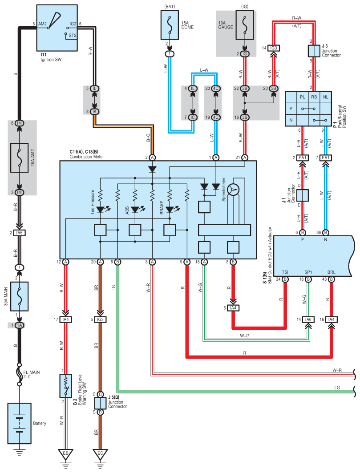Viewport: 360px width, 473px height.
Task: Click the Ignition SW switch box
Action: coord(57,28)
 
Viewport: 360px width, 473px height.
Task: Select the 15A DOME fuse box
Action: coord(170,25)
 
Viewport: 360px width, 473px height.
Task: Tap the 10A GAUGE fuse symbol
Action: coord(245,25)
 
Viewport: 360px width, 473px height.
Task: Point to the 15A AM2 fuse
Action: coord(19,158)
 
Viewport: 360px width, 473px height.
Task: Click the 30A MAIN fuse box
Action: coord(19,296)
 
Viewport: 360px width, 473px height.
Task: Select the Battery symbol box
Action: coord(19,424)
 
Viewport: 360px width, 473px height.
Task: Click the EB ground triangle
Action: coord(65,455)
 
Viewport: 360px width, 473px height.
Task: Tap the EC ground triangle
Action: coord(100,455)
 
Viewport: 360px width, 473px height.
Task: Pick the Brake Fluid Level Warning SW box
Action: coord(65,386)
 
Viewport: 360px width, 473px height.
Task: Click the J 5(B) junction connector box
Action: coord(100,403)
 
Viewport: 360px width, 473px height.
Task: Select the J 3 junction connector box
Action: coord(314,51)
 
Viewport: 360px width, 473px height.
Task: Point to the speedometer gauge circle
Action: coord(233,190)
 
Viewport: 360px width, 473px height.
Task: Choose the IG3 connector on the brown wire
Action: coord(100,319)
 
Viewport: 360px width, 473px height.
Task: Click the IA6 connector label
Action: coord(308,319)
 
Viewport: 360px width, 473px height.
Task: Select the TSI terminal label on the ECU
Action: coord(285,272)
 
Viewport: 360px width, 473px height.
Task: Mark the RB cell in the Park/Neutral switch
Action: coord(314,97)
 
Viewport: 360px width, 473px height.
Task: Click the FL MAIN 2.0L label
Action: coord(32,374)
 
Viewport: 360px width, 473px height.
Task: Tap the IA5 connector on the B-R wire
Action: coord(19,233)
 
